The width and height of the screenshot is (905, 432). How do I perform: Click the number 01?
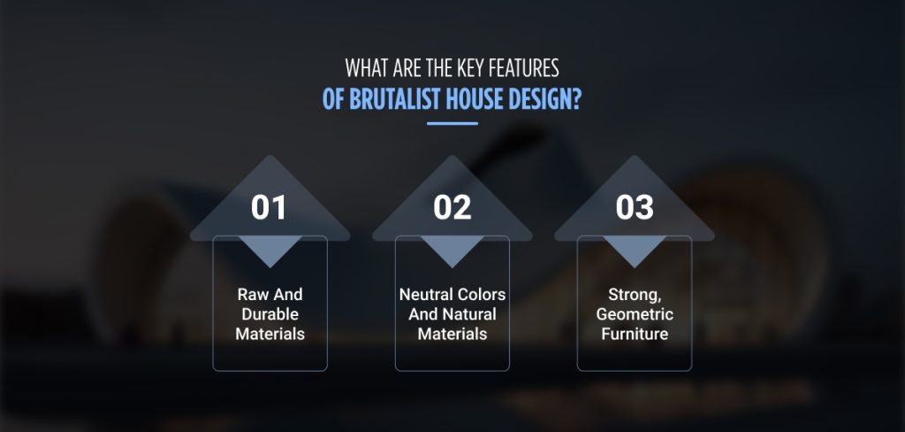tap(270, 207)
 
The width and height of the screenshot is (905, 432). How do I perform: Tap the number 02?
tap(452, 207)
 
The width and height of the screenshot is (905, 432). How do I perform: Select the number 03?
tap(635, 207)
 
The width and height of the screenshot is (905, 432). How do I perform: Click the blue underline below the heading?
tap(452, 123)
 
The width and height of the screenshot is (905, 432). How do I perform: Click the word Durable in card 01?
tap(270, 314)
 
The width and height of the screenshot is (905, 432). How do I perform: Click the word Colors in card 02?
tap(482, 295)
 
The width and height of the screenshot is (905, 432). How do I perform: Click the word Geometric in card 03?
tap(635, 314)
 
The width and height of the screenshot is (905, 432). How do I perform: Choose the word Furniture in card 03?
tap(635, 334)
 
